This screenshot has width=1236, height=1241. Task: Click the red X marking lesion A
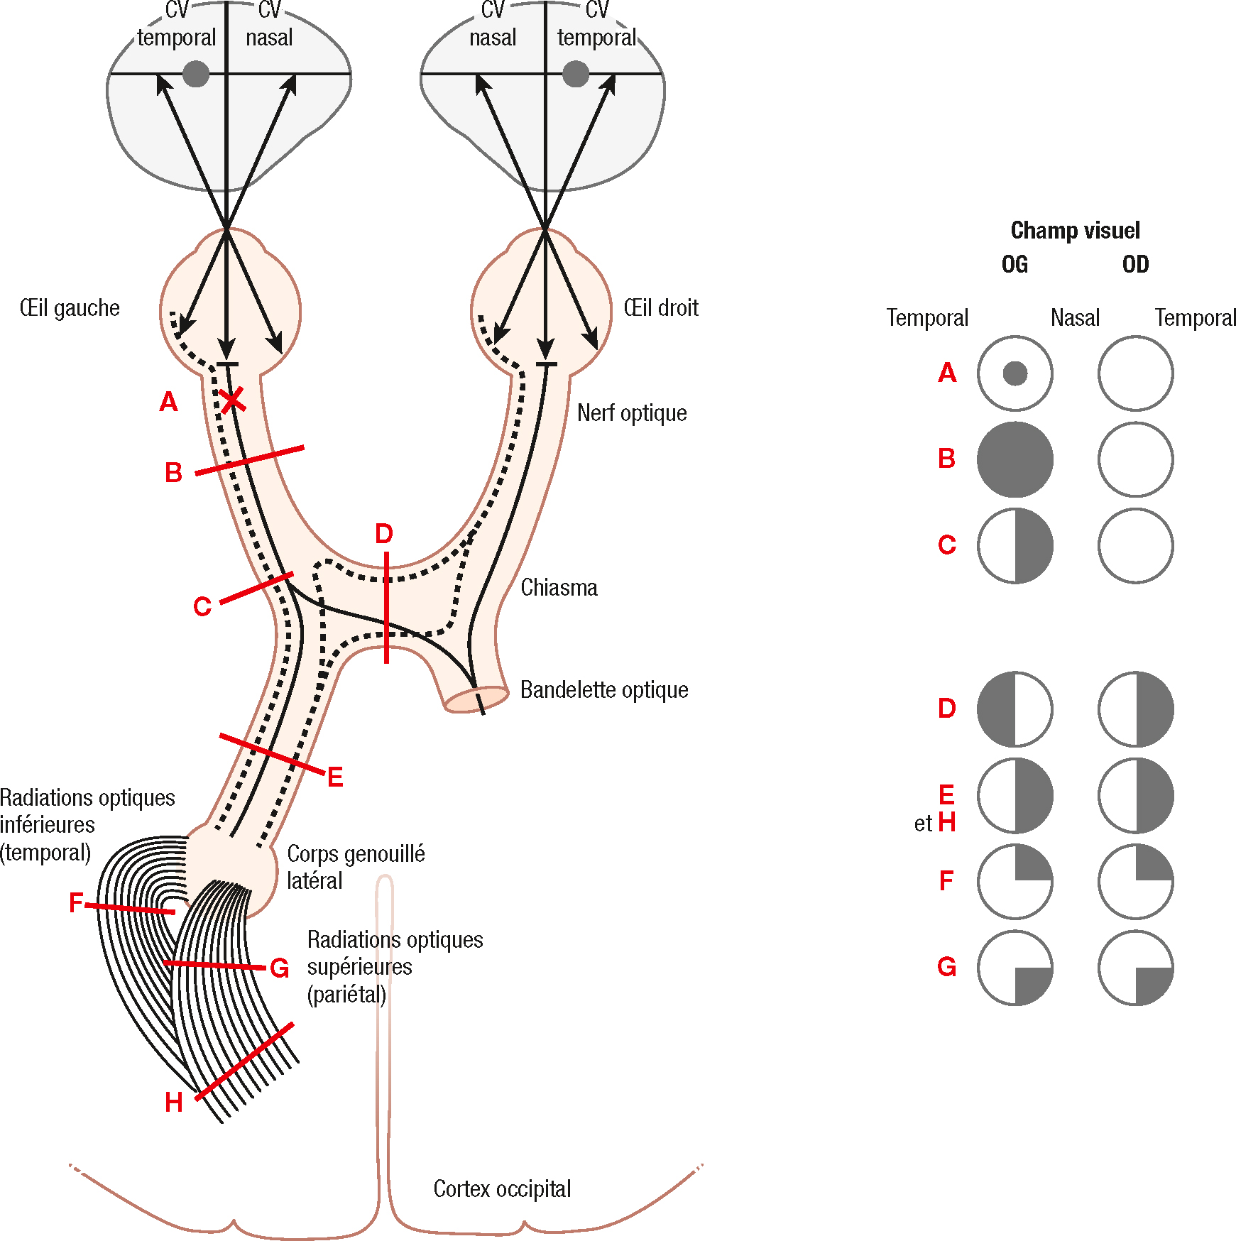click(231, 400)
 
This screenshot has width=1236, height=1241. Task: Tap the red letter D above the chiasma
click(384, 534)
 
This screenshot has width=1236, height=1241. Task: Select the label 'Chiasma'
click(559, 588)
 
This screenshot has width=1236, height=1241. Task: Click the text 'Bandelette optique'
click(604, 690)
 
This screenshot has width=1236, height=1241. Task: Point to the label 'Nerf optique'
click(632, 413)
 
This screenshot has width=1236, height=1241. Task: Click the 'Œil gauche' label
click(70, 308)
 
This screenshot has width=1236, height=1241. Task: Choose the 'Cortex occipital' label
click(502, 1189)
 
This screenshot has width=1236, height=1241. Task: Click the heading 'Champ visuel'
click(1075, 231)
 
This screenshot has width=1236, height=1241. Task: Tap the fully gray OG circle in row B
click(1014, 460)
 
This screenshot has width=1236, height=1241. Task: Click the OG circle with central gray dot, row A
click(1014, 373)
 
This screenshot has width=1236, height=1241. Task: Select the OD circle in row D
click(1135, 709)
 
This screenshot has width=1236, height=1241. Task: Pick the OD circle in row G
click(1135, 968)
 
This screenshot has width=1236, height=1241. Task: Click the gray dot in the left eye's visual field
click(196, 74)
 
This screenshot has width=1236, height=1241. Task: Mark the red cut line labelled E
click(271, 754)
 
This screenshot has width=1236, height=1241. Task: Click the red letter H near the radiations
click(174, 1103)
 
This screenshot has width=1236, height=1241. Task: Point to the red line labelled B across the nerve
click(249, 461)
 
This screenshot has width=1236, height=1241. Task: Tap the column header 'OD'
click(1135, 265)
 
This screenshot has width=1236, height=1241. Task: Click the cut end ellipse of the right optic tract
click(476, 699)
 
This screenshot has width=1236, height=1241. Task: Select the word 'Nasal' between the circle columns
click(1075, 318)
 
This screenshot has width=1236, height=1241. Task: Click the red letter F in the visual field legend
click(946, 881)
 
